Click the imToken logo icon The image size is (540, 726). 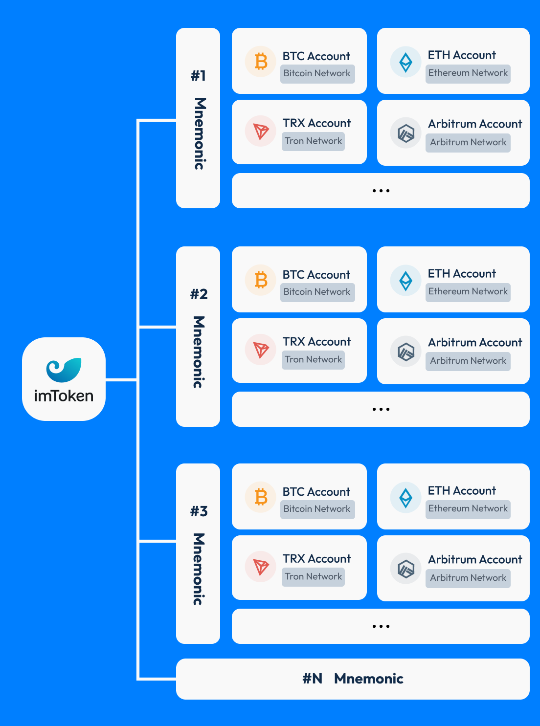pyautogui.click(x=64, y=370)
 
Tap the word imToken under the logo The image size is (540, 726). pyautogui.click(x=64, y=396)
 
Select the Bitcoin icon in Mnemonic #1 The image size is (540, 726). pyautogui.click(x=261, y=62)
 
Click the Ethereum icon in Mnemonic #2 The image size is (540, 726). pyautogui.click(x=405, y=281)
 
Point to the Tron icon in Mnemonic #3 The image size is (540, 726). pyautogui.click(x=261, y=567)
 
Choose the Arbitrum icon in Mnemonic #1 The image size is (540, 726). pyautogui.click(x=405, y=133)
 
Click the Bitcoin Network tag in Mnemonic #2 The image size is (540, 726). pyautogui.click(x=317, y=292)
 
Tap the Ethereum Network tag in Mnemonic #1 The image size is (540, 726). pyautogui.click(x=468, y=73)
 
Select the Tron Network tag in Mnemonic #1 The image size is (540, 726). pyautogui.click(x=313, y=141)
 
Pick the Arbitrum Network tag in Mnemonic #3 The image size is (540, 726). pyautogui.click(x=468, y=578)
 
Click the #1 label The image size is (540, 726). pyautogui.click(x=198, y=76)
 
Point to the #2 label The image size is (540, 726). pyautogui.click(x=199, y=294)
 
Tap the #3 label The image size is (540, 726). pyautogui.click(x=199, y=511)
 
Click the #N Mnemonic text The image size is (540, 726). pyautogui.click(x=353, y=679)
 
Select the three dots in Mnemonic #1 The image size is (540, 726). pyautogui.click(x=381, y=191)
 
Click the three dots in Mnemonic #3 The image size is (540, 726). pyautogui.click(x=381, y=626)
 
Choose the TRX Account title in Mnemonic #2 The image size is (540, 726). pyautogui.click(x=316, y=342)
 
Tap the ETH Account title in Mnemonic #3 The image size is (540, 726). pyautogui.click(x=462, y=491)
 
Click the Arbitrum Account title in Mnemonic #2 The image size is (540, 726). pyautogui.click(x=475, y=343)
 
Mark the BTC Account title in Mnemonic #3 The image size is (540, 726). pyautogui.click(x=316, y=492)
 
